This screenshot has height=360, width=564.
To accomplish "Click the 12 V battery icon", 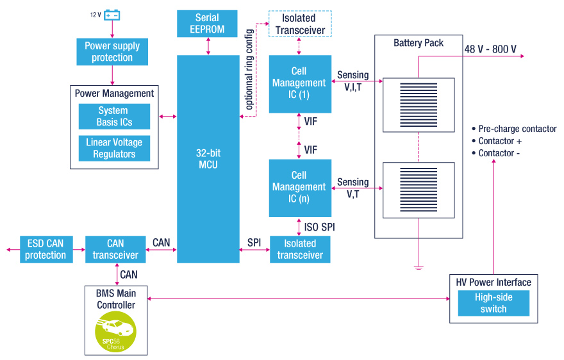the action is click(x=112, y=15).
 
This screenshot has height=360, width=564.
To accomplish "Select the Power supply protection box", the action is click(x=112, y=52).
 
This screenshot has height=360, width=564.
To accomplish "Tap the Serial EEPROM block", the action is click(x=207, y=24).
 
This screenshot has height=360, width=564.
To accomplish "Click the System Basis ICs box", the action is click(x=114, y=117).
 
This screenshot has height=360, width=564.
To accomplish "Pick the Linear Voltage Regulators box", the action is click(x=114, y=148).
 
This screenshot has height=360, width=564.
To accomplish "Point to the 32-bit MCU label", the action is click(x=208, y=159).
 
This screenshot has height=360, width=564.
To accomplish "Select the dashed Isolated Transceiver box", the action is click(x=300, y=24).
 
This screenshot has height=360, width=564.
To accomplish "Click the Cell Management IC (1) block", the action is click(x=300, y=84).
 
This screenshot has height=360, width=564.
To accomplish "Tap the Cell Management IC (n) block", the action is click(x=300, y=188).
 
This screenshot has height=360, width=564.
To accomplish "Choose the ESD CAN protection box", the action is click(x=46, y=249).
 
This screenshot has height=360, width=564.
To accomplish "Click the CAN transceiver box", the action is click(x=115, y=249).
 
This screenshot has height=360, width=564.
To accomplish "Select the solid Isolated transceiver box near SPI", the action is click(x=300, y=249).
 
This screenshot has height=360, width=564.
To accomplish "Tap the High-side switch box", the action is click(x=493, y=303).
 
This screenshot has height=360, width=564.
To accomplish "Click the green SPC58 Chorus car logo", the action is click(x=115, y=332).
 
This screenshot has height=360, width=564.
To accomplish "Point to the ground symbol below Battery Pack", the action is click(x=419, y=268).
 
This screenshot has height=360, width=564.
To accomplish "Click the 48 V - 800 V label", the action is click(x=490, y=49).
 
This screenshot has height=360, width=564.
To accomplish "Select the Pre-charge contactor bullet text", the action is click(x=514, y=129).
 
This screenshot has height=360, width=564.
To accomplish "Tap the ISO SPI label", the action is click(x=319, y=227).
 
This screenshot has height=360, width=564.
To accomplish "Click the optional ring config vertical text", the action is click(x=249, y=69).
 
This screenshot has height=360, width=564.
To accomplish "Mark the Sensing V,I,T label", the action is click(x=353, y=81).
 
